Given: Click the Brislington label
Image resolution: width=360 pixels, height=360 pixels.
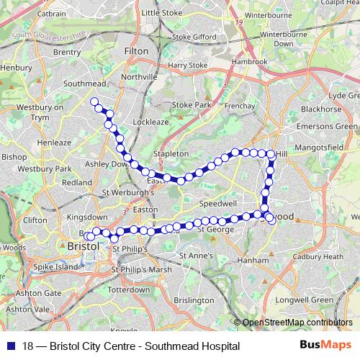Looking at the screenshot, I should click(194, 300).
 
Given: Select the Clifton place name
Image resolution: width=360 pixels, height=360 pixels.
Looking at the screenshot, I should click(35, 220).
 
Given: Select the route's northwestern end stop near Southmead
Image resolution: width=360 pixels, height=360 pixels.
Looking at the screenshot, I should click(94, 102).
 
